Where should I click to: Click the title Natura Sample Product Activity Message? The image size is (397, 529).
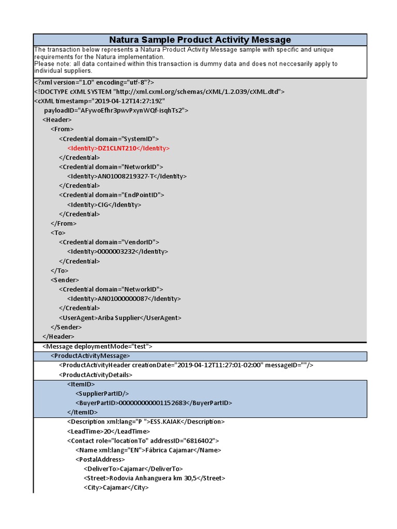[x=200, y=40]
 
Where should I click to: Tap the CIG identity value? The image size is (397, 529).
[x=104, y=205]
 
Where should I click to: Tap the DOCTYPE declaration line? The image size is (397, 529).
[x=159, y=91]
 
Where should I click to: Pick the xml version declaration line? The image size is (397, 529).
[x=94, y=82]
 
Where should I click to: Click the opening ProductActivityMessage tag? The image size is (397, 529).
[x=90, y=356]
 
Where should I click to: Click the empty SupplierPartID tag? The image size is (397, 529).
[x=101, y=394]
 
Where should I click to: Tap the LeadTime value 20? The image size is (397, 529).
[x=107, y=431]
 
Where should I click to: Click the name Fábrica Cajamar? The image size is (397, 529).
[x=168, y=450]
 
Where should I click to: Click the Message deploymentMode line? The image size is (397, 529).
[x=97, y=347]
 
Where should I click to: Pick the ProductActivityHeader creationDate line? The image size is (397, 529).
[x=186, y=365]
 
